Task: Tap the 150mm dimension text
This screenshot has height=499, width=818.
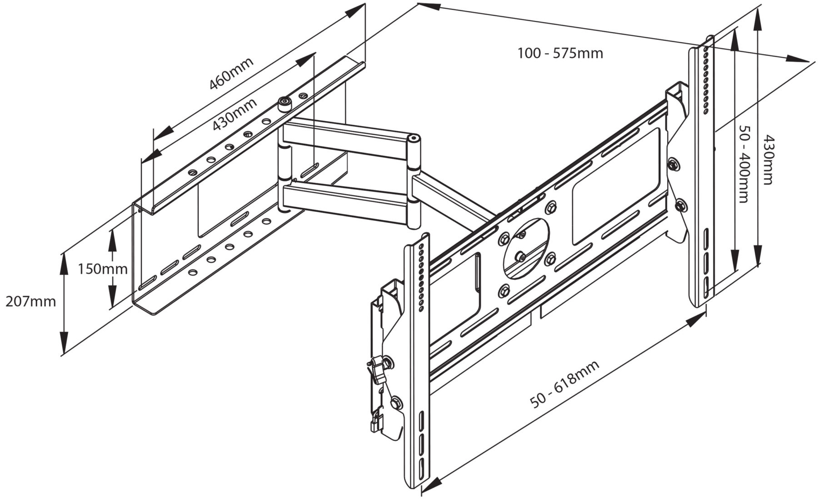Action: pyautogui.click(x=102, y=269)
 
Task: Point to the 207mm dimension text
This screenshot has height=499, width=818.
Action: pyautogui.click(x=30, y=301)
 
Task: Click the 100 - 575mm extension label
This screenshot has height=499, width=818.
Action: pyautogui.click(x=560, y=54)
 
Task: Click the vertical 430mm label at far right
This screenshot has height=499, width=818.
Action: pyautogui.click(x=768, y=159)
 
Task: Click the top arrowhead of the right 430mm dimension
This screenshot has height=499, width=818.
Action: pyautogui.click(x=757, y=16)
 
